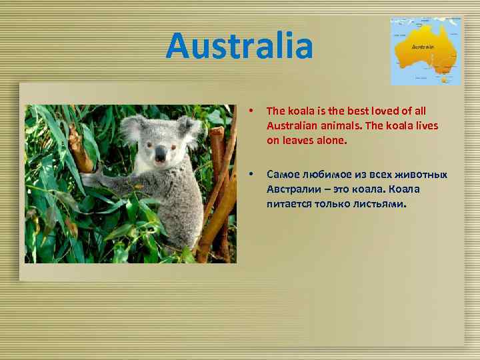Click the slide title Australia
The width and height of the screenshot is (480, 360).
pos(239,45)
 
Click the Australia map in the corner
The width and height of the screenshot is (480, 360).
pos(425,51)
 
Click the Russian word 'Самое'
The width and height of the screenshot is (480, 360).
pos(283,175)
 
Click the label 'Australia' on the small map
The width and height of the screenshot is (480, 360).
pos(424,47)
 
